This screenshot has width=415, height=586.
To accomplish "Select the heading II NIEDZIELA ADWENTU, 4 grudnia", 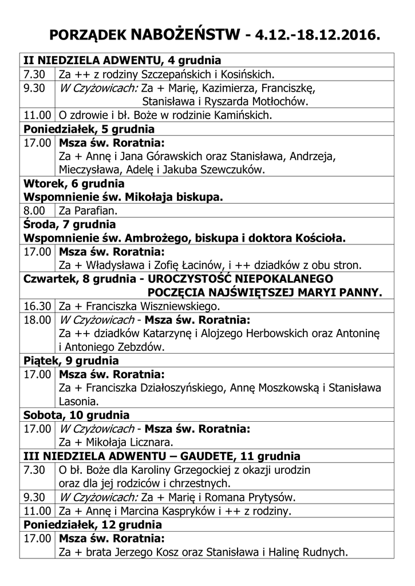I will [122, 60].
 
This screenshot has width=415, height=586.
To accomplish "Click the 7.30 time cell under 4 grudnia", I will [34, 74].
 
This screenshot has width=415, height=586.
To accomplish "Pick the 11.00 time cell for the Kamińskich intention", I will [37, 115].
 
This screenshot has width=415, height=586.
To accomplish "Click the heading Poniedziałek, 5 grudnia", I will [89, 129].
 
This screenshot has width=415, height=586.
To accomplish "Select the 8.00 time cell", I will [34, 211].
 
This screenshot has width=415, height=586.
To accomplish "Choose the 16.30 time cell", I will [37, 306].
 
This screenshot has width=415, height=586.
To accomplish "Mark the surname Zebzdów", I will [139, 347].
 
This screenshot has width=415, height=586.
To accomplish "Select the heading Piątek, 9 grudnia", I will [71, 361].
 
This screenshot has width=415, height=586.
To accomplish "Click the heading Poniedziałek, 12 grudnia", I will [92, 524].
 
